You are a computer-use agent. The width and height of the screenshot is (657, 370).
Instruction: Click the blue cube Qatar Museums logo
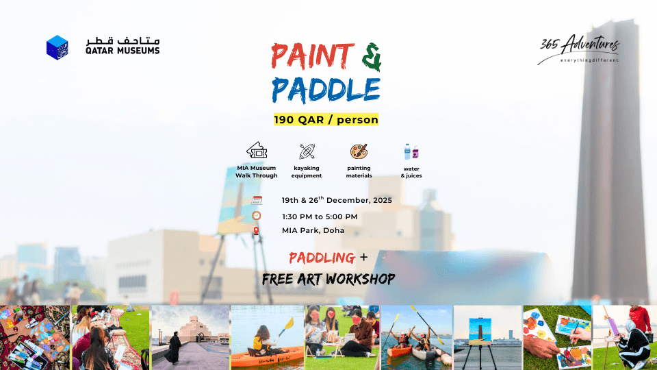(57, 46)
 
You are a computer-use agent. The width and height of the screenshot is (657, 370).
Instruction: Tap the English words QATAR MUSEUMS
(123, 51)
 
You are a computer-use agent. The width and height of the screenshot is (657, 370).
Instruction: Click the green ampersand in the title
(370, 57)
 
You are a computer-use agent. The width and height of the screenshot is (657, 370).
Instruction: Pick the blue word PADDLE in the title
(326, 89)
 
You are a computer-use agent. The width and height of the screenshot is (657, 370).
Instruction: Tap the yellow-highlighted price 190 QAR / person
(326, 119)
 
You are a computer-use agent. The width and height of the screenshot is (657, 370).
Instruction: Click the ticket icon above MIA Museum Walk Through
(257, 151)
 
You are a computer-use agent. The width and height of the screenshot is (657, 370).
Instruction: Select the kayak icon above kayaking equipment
(307, 151)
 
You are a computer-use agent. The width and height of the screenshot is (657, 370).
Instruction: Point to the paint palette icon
(359, 151)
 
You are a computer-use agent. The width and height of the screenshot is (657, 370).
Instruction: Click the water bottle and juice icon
(411, 151)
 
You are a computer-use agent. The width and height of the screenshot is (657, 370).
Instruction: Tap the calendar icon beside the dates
(257, 201)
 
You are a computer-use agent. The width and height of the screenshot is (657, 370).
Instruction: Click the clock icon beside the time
(257, 216)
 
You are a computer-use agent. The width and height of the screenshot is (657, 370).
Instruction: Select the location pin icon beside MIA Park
(257, 231)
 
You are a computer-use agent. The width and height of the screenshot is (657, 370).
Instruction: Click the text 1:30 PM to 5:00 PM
(320, 217)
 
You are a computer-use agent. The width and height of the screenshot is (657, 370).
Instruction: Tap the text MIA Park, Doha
(313, 230)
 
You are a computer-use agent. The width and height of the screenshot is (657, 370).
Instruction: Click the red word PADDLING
(322, 258)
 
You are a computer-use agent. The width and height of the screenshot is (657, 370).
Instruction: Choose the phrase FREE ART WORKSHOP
(328, 279)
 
